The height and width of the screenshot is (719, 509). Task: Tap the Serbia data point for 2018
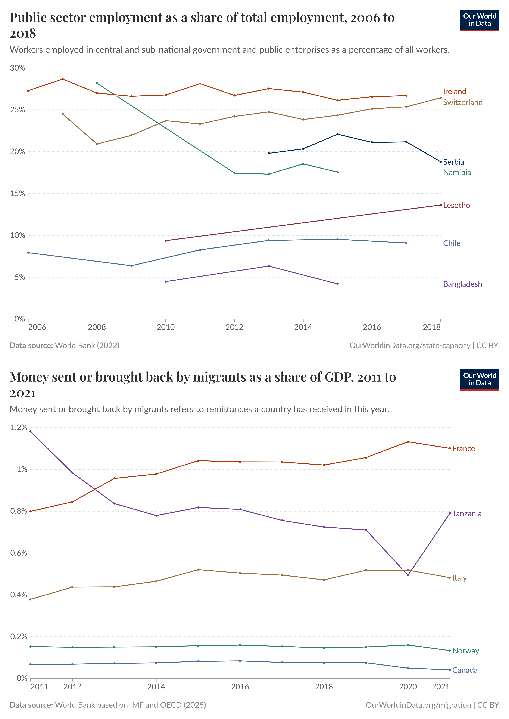(441, 162)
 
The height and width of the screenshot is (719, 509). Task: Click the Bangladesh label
(462, 284)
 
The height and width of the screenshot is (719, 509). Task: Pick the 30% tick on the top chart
(18, 68)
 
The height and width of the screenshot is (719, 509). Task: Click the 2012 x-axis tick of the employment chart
(234, 327)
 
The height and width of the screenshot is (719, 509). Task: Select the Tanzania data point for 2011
(30, 431)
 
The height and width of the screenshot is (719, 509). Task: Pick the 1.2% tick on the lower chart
(19, 428)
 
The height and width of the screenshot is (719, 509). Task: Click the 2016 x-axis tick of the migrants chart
(240, 687)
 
